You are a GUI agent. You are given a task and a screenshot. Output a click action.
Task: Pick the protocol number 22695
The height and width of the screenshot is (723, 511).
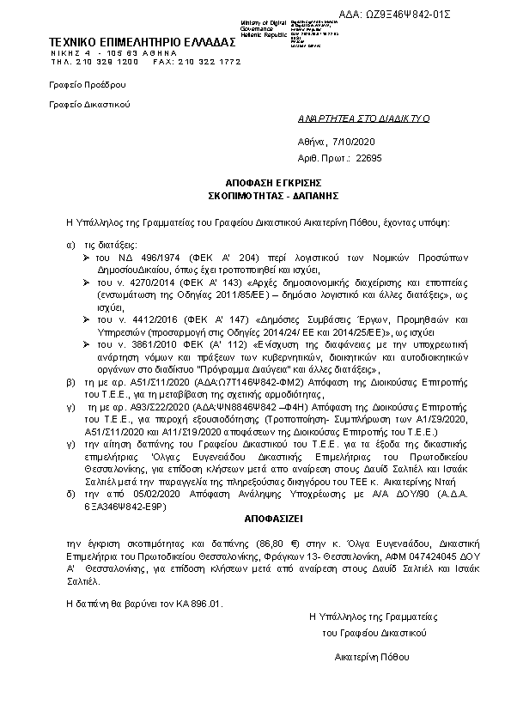[368, 158]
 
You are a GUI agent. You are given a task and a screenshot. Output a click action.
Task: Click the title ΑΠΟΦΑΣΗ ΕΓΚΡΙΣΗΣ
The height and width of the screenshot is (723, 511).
[254, 185]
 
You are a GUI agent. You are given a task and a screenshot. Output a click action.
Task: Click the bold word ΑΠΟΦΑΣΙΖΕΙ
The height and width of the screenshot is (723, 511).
[254, 519]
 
